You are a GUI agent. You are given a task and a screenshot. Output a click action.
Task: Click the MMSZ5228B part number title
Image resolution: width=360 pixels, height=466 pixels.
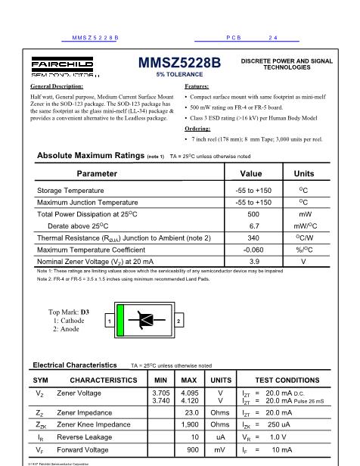click(180, 65)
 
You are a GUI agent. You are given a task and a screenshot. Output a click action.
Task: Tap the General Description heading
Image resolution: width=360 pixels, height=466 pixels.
click(57, 88)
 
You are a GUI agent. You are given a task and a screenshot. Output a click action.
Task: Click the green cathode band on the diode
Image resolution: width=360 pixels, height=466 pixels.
click(119, 321)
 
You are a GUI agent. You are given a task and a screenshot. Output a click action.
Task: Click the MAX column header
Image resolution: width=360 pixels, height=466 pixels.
click(190, 379)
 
